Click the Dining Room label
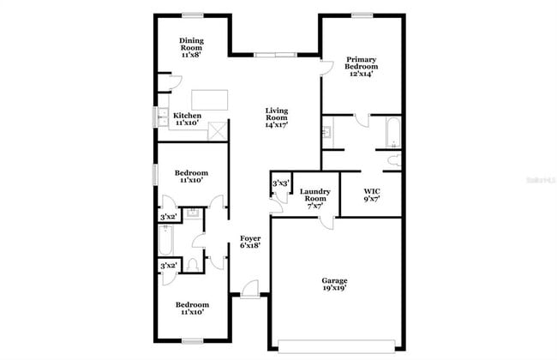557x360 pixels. click(x=191, y=47)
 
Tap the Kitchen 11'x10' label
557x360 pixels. click(x=188, y=119)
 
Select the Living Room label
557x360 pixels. click(x=276, y=117)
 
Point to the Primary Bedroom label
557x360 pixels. click(x=361, y=66)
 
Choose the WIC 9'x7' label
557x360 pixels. click(x=371, y=195)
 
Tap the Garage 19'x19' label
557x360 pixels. click(x=334, y=285)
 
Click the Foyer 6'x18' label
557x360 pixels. click(x=249, y=242)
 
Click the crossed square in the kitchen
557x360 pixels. click(x=218, y=131)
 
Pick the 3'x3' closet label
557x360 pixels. click(x=279, y=183)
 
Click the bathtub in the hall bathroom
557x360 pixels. click(x=167, y=240)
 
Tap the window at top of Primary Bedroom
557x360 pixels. click(x=361, y=15)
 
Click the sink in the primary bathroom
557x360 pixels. click(x=327, y=133)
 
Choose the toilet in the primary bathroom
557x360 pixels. click(x=394, y=160)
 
